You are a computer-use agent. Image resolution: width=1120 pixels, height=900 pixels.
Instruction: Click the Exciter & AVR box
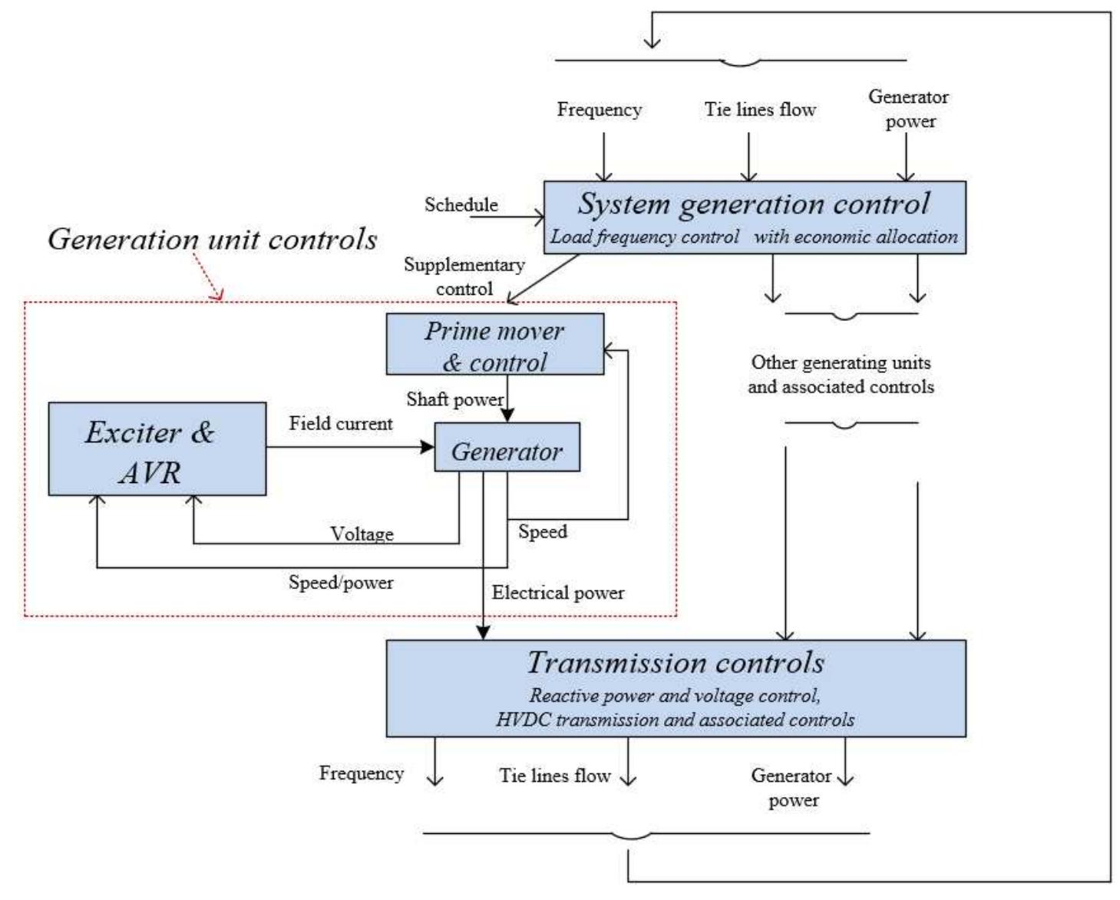(157, 449)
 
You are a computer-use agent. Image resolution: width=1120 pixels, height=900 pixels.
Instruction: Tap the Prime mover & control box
(494, 345)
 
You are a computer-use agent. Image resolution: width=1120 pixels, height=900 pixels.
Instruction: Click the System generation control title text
(753, 204)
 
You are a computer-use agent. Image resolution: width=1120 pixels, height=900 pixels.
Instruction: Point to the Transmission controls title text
(676, 663)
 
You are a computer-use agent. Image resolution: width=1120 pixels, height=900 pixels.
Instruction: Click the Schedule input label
(461, 205)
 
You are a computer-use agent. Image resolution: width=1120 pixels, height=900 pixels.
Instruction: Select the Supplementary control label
(464, 276)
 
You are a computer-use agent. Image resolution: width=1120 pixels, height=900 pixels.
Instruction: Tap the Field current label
(340, 424)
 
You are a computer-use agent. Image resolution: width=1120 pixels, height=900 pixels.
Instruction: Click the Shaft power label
(454, 399)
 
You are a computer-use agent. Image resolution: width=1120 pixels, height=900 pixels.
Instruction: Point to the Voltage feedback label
(362, 534)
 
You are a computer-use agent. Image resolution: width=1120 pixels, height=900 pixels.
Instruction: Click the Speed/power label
(340, 583)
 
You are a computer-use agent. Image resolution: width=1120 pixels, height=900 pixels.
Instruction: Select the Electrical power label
(557, 593)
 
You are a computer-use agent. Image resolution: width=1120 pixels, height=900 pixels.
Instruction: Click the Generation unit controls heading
(212, 239)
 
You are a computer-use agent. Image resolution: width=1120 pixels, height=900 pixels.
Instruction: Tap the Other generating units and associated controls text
(841, 375)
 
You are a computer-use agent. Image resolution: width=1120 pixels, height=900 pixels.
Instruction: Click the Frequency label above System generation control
(599, 110)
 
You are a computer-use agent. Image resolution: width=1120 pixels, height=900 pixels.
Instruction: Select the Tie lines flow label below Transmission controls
(554, 776)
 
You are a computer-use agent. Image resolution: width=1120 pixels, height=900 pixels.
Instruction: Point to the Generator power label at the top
(909, 108)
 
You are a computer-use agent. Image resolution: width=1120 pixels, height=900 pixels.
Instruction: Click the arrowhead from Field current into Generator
(428, 447)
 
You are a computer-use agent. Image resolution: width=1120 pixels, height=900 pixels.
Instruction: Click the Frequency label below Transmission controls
(361, 773)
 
